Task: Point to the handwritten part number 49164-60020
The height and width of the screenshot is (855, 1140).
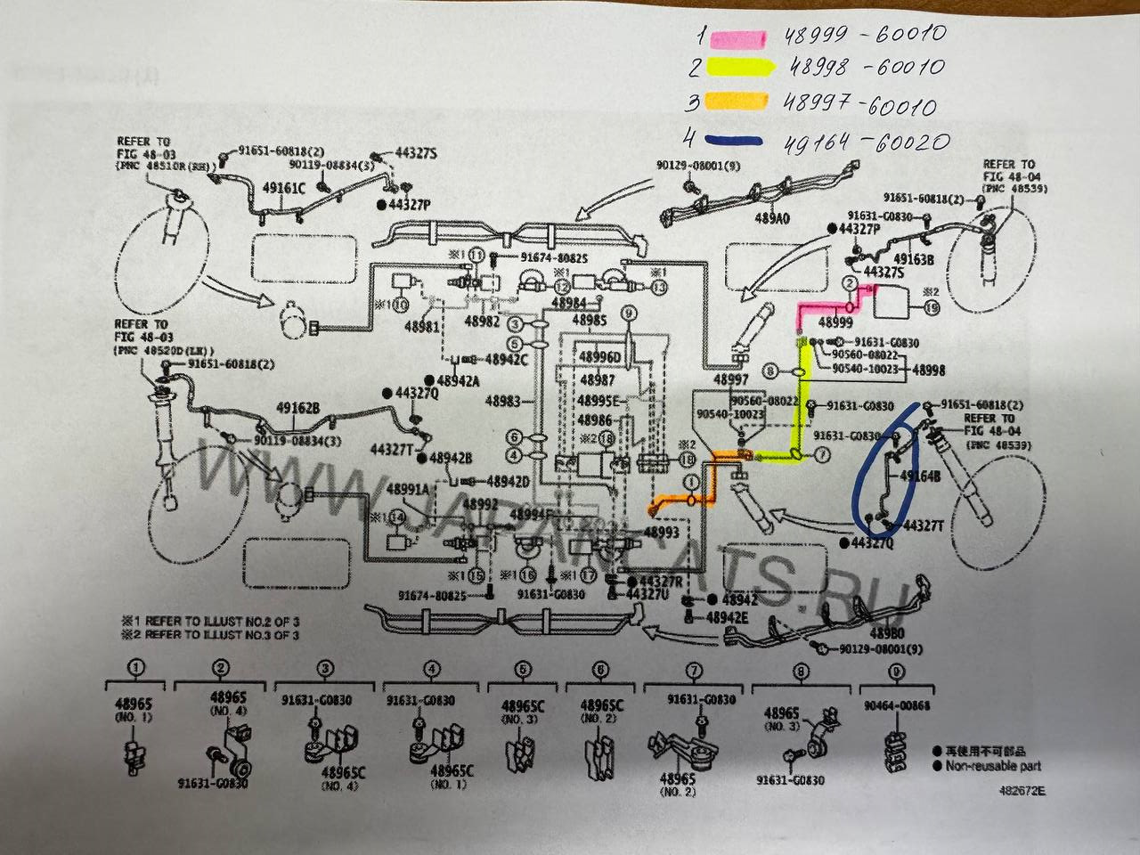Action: point(865,141)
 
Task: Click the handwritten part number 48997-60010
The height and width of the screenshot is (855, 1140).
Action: point(860,105)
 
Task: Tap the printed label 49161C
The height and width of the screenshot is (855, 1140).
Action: point(284,189)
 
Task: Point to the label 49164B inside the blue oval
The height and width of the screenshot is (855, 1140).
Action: point(921,476)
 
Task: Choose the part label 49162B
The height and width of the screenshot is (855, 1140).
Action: point(299,409)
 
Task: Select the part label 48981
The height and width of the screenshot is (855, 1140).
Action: point(424,327)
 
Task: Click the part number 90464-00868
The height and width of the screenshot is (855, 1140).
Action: point(897,705)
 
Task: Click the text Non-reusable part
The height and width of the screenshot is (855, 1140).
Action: point(992,765)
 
